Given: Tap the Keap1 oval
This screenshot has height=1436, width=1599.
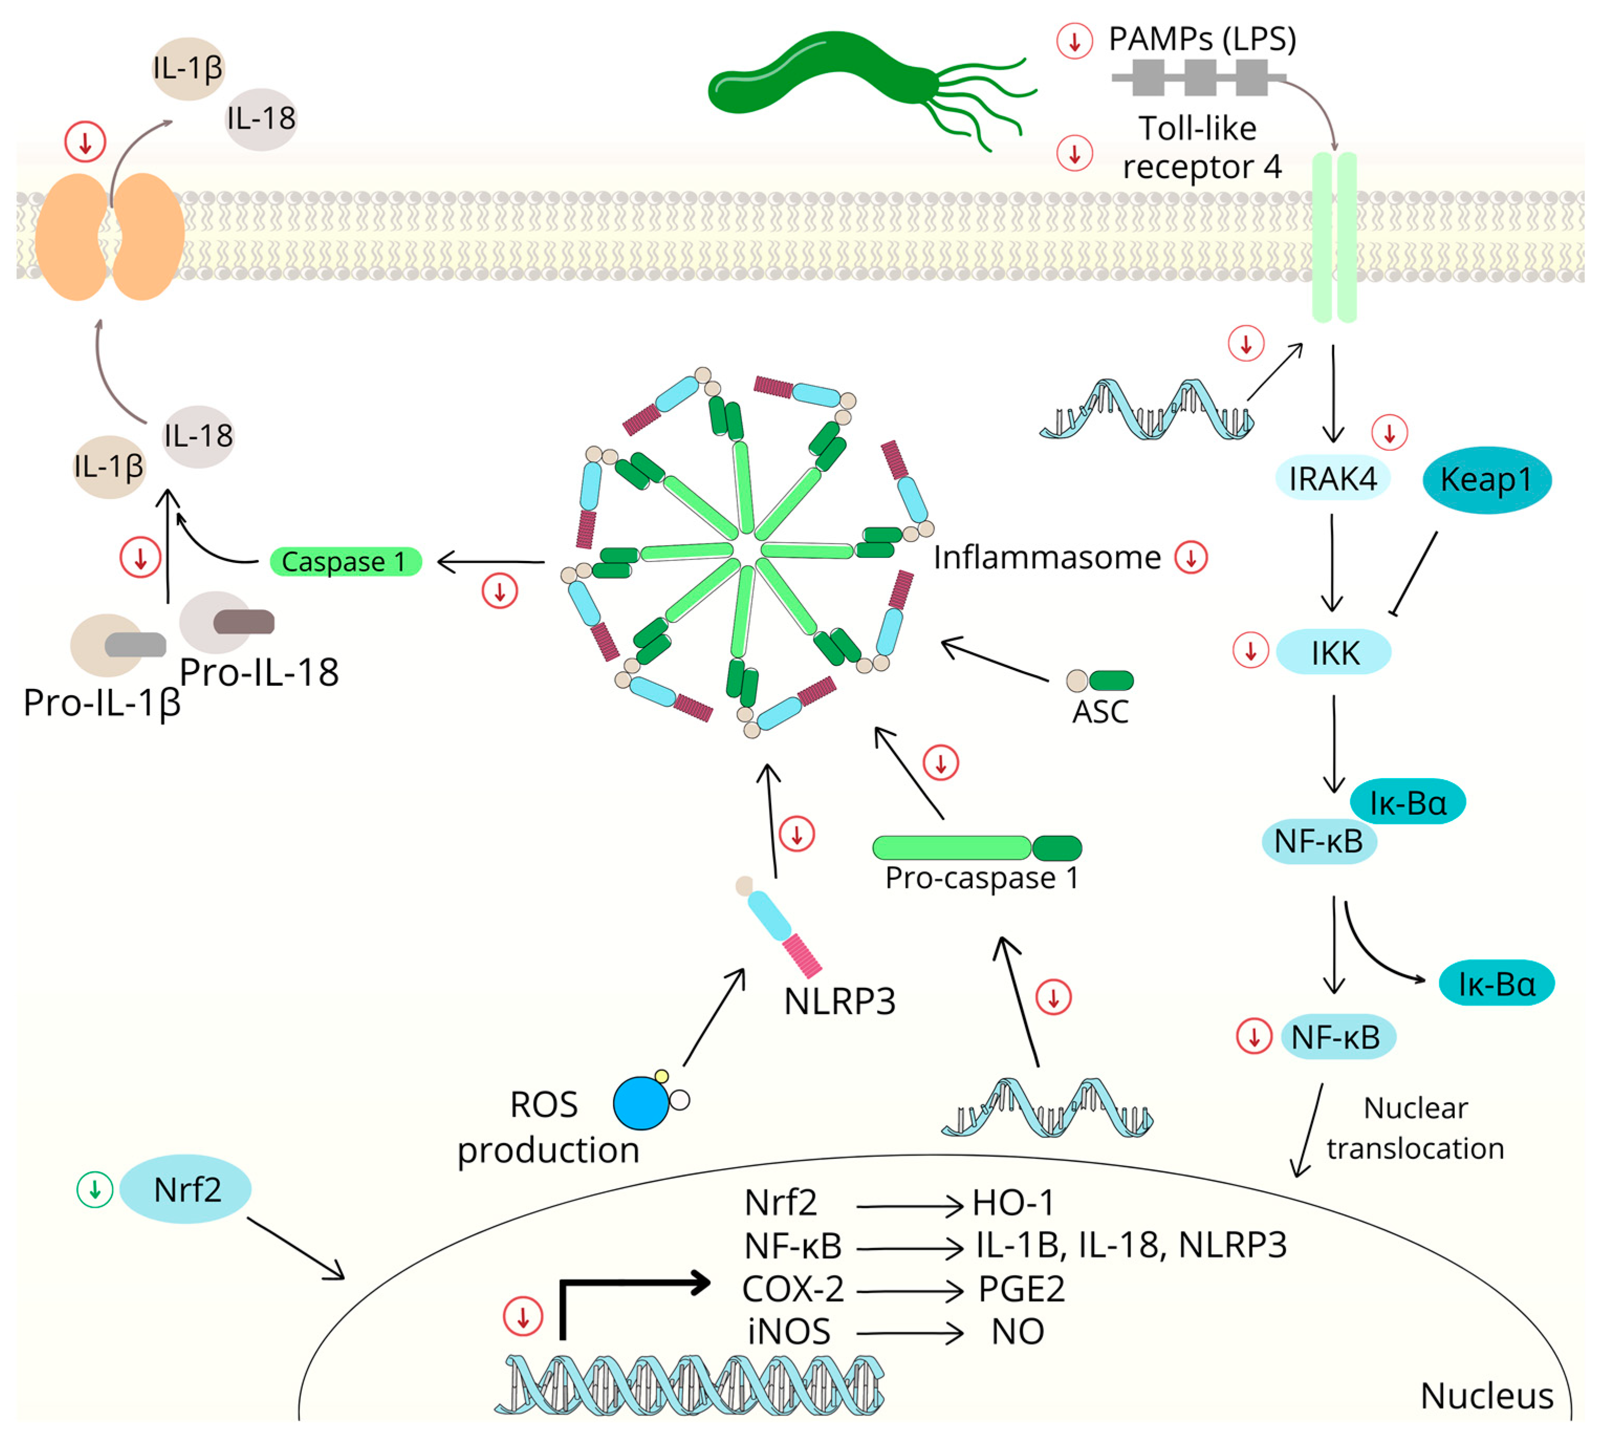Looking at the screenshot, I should coord(1486,480).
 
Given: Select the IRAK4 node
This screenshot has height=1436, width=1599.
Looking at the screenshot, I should coord(1332,478).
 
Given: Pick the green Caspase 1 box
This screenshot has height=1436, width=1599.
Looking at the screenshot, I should coord(345,562).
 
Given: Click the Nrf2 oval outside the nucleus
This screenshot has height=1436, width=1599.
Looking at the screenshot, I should coord(186,1189).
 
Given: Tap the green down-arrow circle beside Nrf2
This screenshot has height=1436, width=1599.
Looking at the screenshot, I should coord(95,1189).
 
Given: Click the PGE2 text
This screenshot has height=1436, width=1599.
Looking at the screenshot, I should coord(1021,1289).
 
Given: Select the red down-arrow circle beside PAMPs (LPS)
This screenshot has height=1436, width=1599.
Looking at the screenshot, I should coord(1074,41).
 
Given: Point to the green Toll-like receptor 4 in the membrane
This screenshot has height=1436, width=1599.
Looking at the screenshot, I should coord(1333,236).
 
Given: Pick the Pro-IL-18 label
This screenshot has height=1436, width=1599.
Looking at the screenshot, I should coord(259,672).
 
